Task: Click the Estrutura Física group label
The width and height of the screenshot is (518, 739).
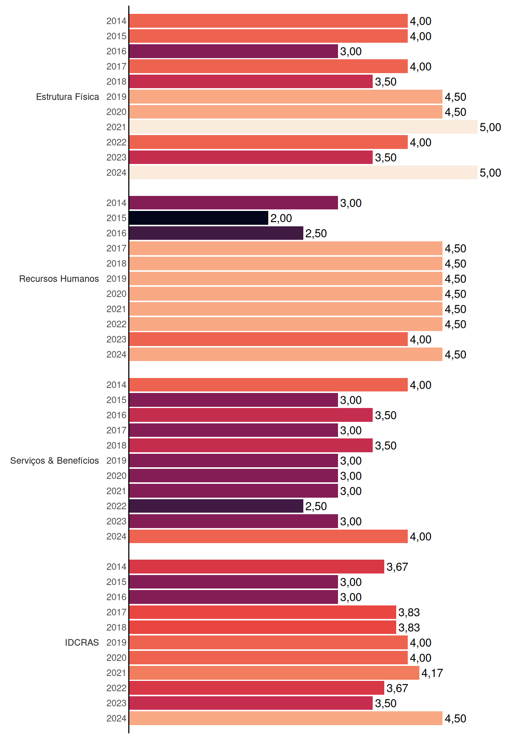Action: [x=67, y=97]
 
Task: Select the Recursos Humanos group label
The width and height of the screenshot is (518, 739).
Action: [x=59, y=279]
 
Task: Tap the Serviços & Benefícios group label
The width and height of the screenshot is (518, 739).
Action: [x=54, y=461]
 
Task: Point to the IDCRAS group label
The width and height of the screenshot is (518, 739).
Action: [x=82, y=642]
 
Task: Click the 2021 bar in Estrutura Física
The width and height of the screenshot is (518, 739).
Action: [x=303, y=127]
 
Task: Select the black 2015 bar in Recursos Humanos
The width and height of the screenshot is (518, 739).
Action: [x=199, y=218]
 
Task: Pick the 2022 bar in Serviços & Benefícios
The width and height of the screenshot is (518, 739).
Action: [x=216, y=506]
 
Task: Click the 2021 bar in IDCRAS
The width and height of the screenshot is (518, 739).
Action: [x=274, y=673]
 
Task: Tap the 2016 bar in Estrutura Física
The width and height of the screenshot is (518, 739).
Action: [x=234, y=51]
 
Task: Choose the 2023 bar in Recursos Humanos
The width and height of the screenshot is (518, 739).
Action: [x=269, y=339]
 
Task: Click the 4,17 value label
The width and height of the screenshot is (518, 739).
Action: [x=432, y=673]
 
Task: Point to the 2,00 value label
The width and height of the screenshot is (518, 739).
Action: [x=281, y=218]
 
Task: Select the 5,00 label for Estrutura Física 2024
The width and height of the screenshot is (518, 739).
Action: [x=490, y=173]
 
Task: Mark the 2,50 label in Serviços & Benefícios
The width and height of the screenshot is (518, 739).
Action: [x=316, y=507]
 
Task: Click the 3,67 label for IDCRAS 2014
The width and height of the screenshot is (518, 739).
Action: [x=397, y=567]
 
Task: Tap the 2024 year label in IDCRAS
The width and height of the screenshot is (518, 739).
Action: [x=116, y=718]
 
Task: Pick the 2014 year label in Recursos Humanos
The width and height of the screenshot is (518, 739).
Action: [x=116, y=203]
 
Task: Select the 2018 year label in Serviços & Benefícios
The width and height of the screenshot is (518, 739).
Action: [x=116, y=445]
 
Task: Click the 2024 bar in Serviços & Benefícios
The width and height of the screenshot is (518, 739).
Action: [x=269, y=537]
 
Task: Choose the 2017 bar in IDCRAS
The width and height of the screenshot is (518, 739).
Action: [x=263, y=612]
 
